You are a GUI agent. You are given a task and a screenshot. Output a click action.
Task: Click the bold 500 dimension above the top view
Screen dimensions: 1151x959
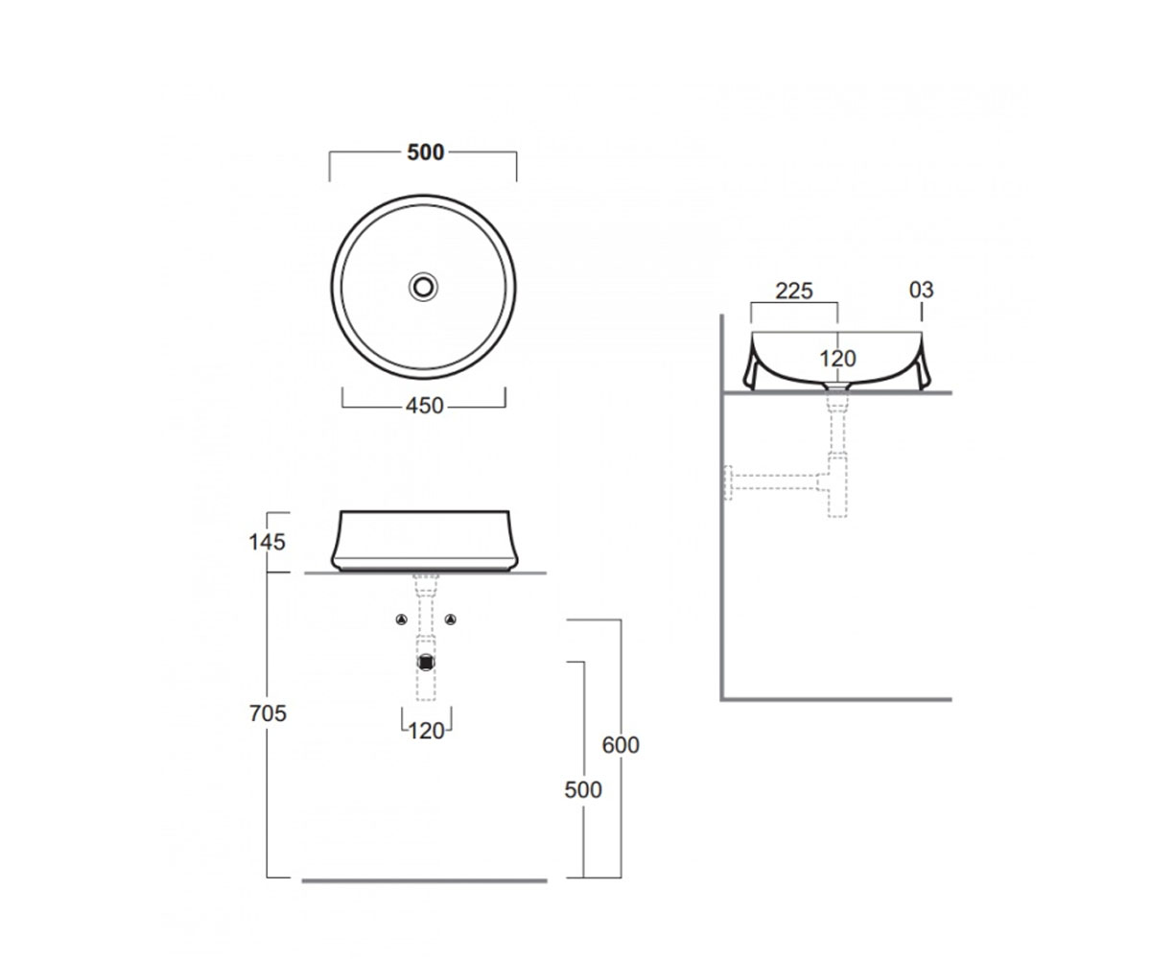425,152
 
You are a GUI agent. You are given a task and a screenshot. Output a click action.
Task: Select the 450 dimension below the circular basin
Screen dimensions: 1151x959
425,407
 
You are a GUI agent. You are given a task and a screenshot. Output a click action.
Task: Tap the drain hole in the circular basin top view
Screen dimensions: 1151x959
423,287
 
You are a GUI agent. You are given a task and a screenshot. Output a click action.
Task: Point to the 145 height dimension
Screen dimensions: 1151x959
267,543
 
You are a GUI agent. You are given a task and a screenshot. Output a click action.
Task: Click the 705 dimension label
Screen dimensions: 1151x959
268,713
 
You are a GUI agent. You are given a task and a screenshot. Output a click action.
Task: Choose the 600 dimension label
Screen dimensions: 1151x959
621,744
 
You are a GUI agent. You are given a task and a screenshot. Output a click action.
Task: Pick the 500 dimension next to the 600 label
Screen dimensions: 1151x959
583,790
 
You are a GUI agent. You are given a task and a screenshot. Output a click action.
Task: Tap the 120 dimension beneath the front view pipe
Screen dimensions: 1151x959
426,731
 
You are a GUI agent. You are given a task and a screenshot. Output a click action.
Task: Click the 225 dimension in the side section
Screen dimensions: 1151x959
794,291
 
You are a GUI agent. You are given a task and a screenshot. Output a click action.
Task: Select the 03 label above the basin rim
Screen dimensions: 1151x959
921,290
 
